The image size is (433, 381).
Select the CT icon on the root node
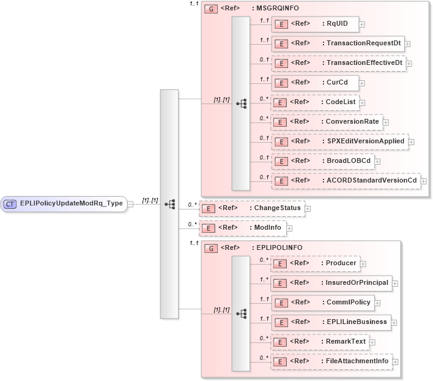(10, 204)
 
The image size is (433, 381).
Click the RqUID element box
(314, 24)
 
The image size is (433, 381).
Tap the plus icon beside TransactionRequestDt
(407, 44)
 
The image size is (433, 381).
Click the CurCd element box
(314, 83)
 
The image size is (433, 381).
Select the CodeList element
(314, 102)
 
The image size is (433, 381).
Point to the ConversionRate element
(327, 122)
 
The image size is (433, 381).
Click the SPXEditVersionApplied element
(339, 141)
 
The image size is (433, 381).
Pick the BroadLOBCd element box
(323, 161)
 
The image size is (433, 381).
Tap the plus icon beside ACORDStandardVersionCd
(423, 181)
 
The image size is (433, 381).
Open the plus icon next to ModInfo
(289, 228)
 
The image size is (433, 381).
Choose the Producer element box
(314, 263)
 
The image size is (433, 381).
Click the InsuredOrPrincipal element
(330, 283)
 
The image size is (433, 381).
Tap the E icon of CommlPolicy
(279, 303)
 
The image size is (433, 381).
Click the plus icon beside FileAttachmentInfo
(395, 361)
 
